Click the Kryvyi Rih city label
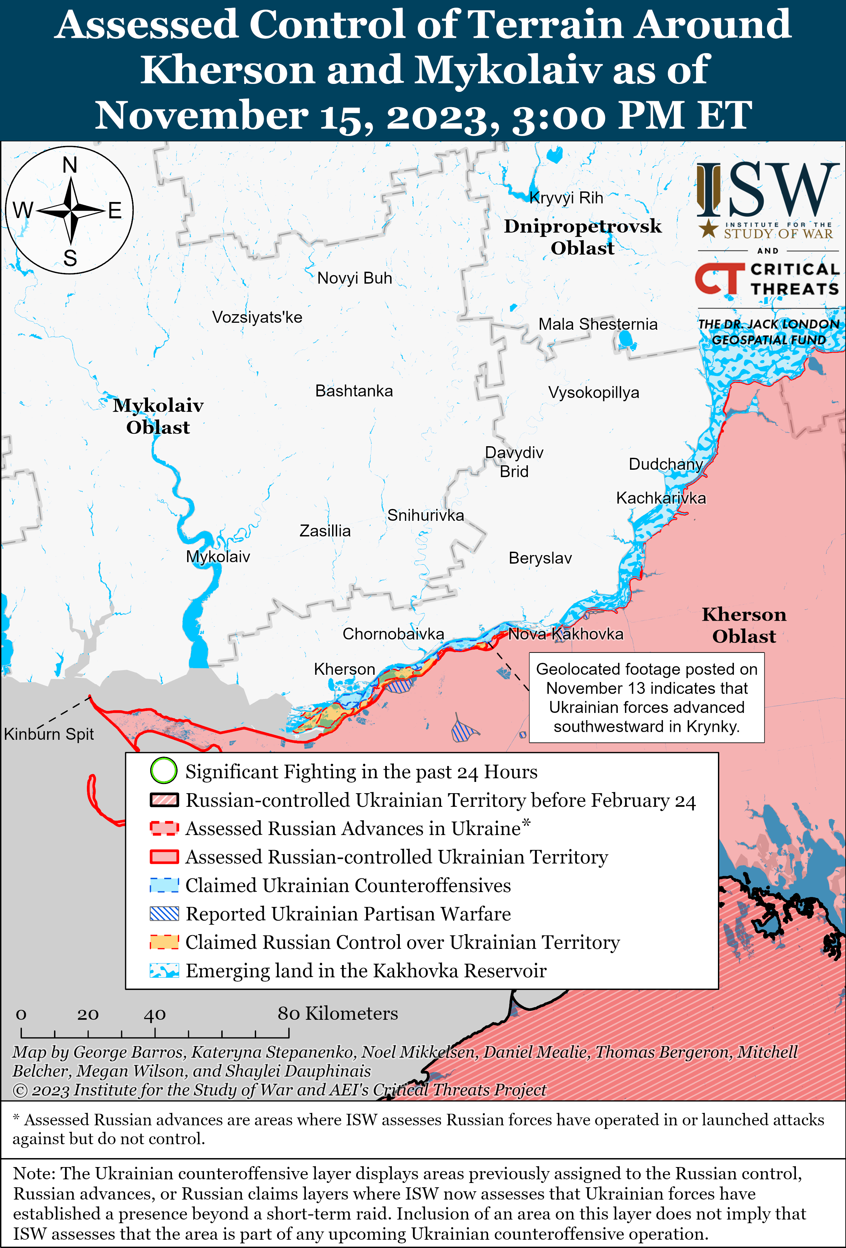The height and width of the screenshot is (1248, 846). (566, 198)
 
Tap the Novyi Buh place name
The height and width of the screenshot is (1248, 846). (355, 278)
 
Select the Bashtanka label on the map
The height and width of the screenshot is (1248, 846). (354, 391)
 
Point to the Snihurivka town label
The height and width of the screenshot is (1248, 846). (425, 516)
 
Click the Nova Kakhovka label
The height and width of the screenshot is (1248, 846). (566, 634)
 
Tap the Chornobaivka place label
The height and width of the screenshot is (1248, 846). (393, 634)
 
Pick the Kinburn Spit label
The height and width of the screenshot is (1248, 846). (49, 734)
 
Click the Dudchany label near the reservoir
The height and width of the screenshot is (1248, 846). (666, 464)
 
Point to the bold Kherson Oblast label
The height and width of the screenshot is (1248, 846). (744, 625)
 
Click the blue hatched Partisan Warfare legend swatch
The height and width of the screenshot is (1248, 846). (164, 914)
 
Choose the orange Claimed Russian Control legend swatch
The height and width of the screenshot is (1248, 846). (164, 942)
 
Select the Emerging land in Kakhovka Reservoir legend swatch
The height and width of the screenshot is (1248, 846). (164, 970)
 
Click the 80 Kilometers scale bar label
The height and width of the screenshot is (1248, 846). (337, 1013)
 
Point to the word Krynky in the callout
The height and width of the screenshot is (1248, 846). (712, 727)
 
